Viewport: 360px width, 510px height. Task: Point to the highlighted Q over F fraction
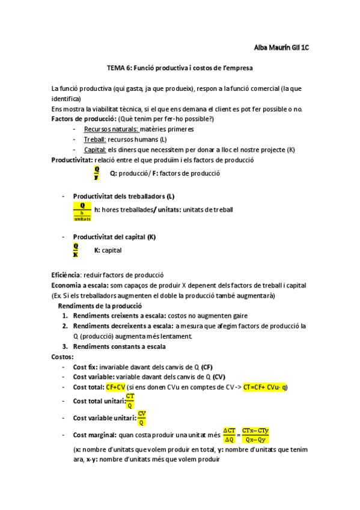pos(97,174)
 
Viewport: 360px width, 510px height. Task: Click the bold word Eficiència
pos(66,275)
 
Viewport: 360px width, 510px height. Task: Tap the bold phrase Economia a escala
pos(81,285)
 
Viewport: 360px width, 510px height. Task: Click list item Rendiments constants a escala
pos(120,346)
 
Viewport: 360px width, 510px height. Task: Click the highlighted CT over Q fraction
pos(130,401)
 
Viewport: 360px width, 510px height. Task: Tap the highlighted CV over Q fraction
pos(142,417)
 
